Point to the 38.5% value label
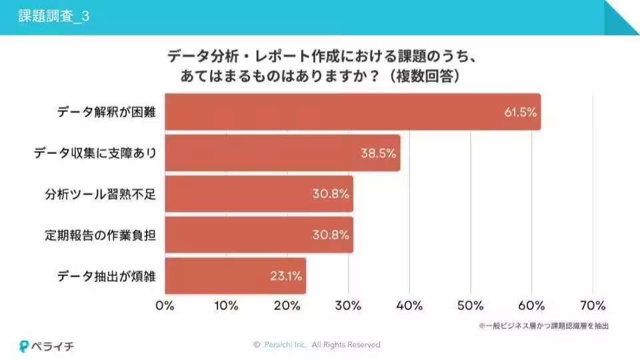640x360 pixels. point(379,153)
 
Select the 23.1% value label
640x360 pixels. point(286,275)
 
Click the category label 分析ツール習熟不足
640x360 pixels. point(100,194)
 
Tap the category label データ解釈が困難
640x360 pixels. point(106,112)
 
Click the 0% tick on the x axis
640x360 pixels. point(165,306)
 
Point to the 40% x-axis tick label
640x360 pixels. point(409,306)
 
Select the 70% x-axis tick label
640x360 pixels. point(593,306)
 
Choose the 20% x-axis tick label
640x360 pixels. point(287,306)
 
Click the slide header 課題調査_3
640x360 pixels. point(53,17)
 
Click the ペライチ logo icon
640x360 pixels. point(25,347)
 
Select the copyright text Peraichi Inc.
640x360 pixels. point(286,345)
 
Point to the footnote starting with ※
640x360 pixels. point(543,326)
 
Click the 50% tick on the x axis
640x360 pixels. point(471,306)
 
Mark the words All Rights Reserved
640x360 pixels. point(346,345)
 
